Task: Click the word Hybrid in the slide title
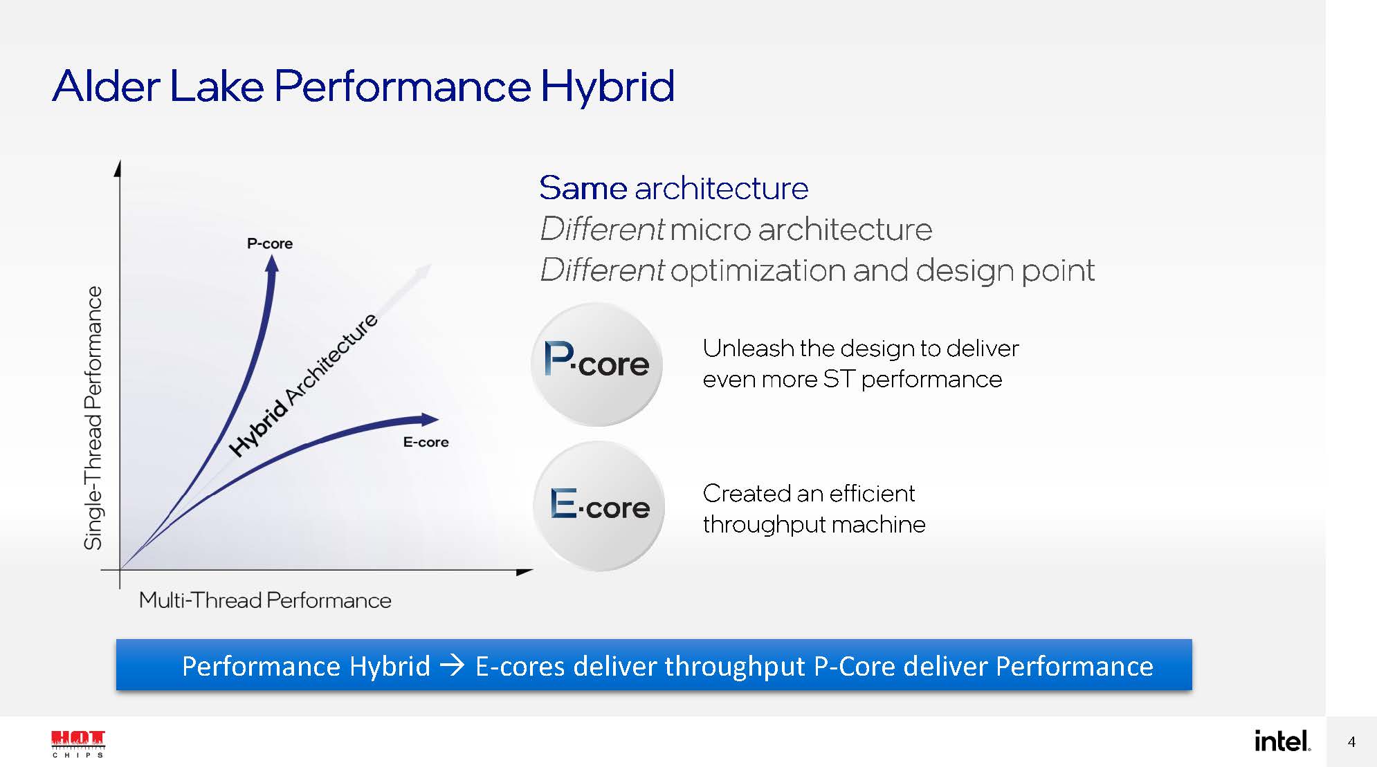(607, 87)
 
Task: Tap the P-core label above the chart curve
(270, 243)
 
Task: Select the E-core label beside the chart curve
(426, 442)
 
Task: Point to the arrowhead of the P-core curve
(272, 264)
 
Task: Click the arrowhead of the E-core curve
(430, 419)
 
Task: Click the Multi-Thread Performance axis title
(265, 600)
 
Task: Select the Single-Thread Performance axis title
(93, 418)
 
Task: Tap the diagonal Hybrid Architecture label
(303, 384)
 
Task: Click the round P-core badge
(596, 364)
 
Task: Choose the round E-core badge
(599, 506)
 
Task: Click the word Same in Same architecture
(583, 188)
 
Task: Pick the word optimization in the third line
(758, 270)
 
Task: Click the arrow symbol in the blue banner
(453, 666)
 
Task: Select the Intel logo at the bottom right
(1282, 741)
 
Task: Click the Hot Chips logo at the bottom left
(78, 743)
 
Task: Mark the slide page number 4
(1351, 742)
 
